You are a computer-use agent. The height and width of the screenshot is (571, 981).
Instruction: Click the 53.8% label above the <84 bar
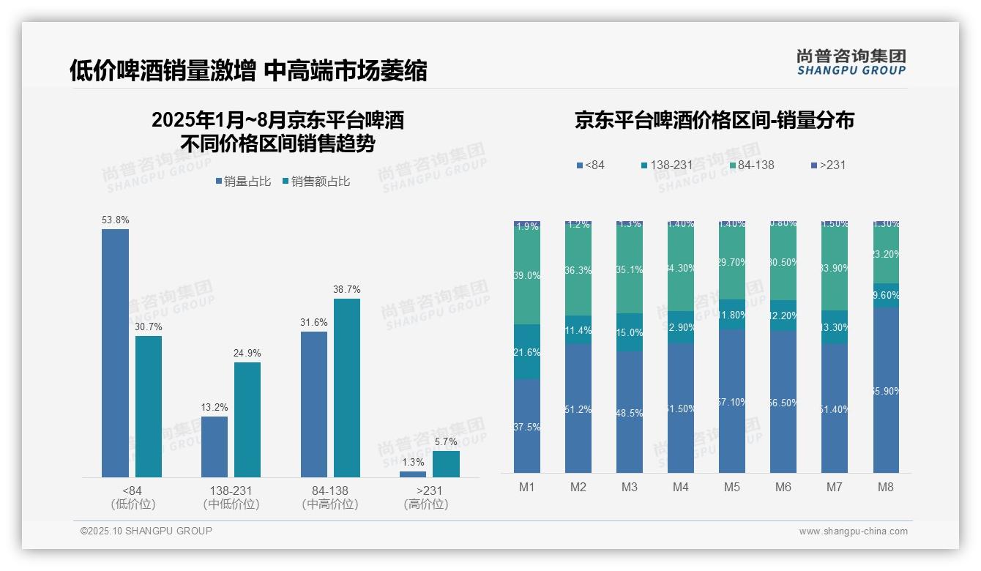pos(115,220)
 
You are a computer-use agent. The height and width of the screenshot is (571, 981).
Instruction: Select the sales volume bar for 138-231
pos(215,447)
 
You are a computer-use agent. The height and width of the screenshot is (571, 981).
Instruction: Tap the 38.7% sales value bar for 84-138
pos(347,388)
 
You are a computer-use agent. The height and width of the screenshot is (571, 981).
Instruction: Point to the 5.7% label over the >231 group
pos(445,441)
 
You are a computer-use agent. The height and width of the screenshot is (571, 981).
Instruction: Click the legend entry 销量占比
pos(247,182)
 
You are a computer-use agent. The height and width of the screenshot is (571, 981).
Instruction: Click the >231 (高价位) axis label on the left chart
pos(425,497)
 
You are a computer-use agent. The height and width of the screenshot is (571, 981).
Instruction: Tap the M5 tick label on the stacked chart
pos(732,487)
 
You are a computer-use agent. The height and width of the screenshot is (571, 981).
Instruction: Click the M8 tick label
pos(886,487)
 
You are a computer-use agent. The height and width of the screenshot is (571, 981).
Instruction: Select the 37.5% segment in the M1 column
pos(527,426)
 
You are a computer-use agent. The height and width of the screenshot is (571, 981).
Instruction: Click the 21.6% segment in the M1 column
pos(527,352)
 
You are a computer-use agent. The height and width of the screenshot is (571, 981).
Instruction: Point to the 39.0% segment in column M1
pos(527,276)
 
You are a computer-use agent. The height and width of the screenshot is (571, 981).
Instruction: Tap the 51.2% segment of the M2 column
pos(578,408)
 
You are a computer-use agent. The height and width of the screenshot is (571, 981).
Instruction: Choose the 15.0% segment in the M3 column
pos(630,332)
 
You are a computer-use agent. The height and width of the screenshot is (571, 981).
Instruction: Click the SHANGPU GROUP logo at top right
pos(851,62)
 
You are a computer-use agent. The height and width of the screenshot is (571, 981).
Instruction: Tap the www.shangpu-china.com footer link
pos(853,531)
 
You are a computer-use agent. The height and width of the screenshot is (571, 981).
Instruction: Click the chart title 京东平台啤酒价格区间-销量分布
pos(714,121)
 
